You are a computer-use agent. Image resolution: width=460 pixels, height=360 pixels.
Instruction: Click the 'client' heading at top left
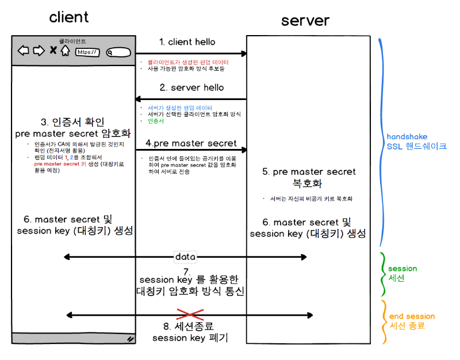[69, 17]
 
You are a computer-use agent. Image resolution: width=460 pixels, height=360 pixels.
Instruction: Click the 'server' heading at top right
[305, 21]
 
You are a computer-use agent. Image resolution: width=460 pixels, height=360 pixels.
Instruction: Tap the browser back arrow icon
[23, 51]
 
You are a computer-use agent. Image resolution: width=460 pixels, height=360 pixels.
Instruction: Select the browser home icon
[66, 51]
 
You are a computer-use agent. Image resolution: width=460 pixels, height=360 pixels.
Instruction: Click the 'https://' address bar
[87, 52]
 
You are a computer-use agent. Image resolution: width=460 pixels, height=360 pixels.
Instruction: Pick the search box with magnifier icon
[118, 52]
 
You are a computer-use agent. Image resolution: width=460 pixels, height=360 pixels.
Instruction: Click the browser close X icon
[53, 51]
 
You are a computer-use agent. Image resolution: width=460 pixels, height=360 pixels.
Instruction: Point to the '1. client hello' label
[187, 42]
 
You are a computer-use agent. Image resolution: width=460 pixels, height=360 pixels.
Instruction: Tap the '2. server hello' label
[191, 87]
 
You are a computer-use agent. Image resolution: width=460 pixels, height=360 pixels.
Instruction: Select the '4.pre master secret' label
[191, 143]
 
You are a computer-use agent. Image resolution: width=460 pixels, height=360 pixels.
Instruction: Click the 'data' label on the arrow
[185, 256]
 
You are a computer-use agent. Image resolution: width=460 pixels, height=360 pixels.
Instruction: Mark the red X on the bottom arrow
[190, 315]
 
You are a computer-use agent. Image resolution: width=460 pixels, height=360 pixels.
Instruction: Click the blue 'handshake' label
[406, 137]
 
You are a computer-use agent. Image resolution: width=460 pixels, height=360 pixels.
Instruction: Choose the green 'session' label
[402, 269]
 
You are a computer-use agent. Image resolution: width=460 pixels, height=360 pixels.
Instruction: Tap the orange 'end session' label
[412, 316]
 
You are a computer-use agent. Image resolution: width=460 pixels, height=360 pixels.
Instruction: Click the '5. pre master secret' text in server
[309, 171]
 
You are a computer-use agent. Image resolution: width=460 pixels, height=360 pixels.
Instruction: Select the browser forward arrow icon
[39, 51]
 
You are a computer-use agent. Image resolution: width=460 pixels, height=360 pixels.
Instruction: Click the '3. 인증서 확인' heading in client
[73, 122]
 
